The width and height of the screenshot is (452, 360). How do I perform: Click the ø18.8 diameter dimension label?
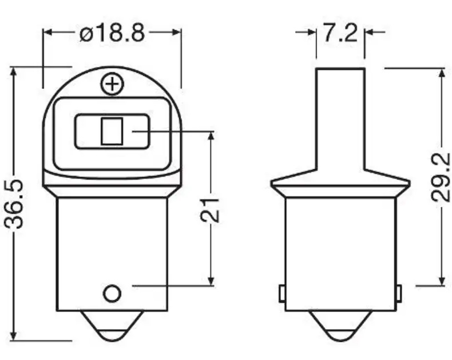pyautogui.click(x=112, y=32)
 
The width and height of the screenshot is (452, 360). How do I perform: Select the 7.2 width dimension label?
pyautogui.click(x=340, y=33)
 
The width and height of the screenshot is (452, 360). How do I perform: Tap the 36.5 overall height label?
pyautogui.click(x=14, y=204)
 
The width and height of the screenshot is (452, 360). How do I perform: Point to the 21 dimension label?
pyautogui.click(x=210, y=210)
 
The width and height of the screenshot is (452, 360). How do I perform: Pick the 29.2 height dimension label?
pyautogui.click(x=440, y=177)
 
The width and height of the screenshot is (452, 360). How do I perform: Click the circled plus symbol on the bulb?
pyautogui.click(x=112, y=85)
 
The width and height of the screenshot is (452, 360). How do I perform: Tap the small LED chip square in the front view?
pyautogui.click(x=112, y=131)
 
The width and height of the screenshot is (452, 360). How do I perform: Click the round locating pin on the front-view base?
pyautogui.click(x=112, y=294)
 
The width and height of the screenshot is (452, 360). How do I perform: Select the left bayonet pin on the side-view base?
pyautogui.click(x=282, y=294)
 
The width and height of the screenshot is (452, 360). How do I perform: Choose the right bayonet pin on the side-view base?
pyautogui.click(x=399, y=294)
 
